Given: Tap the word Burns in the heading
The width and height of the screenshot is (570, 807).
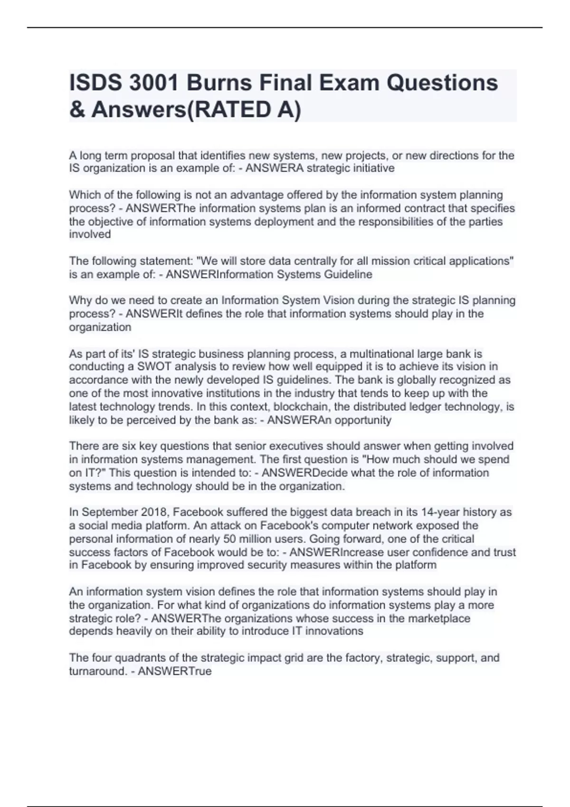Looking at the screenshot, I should [x=218, y=83].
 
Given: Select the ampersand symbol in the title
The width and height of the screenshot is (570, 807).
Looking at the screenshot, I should [x=77, y=110].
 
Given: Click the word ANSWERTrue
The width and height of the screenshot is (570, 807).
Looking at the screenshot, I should [x=174, y=671].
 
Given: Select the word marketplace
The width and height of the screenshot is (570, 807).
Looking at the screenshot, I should [x=438, y=619].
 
